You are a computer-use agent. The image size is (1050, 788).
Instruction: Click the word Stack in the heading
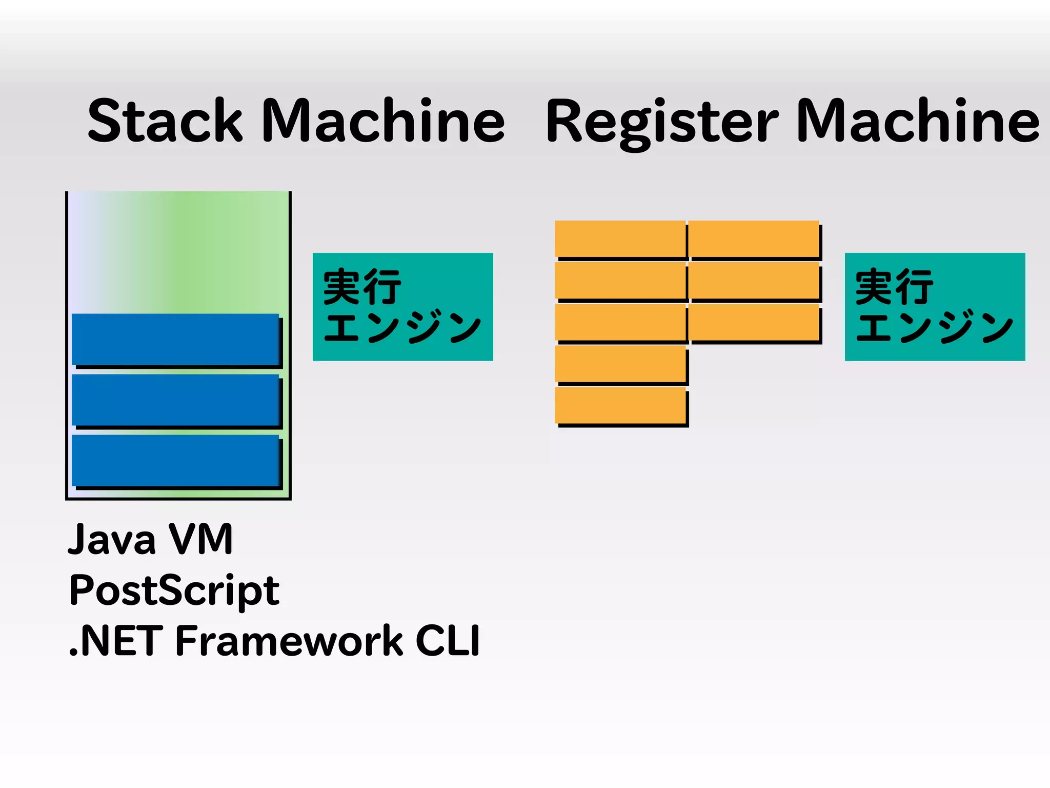[165, 121]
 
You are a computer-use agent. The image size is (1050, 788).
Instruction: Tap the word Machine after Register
[917, 121]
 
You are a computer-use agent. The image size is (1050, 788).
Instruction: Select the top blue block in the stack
[175, 339]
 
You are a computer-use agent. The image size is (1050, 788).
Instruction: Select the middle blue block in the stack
[175, 400]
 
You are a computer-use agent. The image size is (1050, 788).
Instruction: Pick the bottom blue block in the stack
[175, 460]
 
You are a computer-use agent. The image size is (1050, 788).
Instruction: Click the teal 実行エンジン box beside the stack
[402, 306]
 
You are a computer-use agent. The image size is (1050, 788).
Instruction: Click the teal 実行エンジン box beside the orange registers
[935, 306]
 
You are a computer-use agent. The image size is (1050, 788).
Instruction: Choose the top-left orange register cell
[620, 239]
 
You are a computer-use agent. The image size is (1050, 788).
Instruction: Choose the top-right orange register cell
[753, 239]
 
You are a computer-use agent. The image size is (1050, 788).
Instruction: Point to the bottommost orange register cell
[620, 405]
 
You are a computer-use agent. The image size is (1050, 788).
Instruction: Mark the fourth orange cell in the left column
[620, 364]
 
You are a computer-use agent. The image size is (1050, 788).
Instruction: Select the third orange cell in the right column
[753, 322]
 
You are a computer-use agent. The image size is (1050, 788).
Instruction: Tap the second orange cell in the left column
[620, 280]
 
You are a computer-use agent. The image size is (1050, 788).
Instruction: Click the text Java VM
[150, 540]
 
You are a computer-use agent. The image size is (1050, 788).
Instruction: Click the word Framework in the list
[289, 641]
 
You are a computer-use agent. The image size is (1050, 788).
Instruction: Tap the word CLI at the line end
[448, 641]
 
